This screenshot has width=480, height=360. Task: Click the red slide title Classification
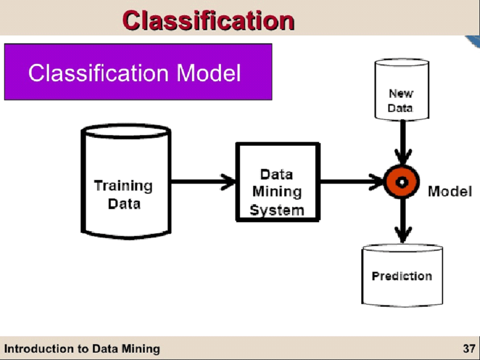(x=208, y=20)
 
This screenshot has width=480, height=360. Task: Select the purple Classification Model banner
(x=138, y=72)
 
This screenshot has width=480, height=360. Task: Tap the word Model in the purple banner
(x=209, y=73)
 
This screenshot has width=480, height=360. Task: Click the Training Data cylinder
(x=126, y=179)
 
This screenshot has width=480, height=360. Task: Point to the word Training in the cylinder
(x=123, y=186)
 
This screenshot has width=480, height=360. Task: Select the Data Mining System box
(x=277, y=182)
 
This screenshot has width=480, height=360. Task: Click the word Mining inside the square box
(x=277, y=192)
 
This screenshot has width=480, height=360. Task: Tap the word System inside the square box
(x=277, y=210)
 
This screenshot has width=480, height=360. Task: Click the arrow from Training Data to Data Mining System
(x=203, y=183)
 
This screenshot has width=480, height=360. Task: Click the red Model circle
(x=402, y=183)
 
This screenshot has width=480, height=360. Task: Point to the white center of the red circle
(x=402, y=183)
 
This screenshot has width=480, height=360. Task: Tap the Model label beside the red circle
(x=449, y=191)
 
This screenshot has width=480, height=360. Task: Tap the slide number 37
(x=468, y=349)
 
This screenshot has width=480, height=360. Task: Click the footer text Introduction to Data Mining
(x=82, y=349)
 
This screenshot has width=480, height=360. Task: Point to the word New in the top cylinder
(x=401, y=94)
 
